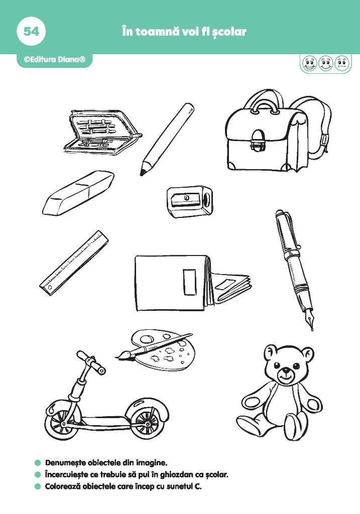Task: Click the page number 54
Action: pos(31,32)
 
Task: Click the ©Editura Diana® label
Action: pos(54,60)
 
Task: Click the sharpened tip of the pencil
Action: pos(142,173)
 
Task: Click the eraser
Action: pos(79,193)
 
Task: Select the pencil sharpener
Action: pos(189,201)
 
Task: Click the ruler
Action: pos(74,263)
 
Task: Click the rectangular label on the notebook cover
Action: pos(189,282)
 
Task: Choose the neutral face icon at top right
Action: pos(342,63)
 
